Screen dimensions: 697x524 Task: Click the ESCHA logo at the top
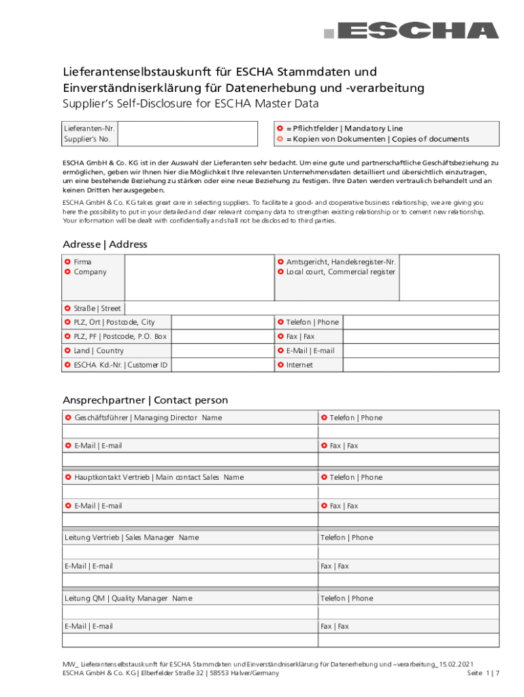pyautogui.click(x=411, y=31)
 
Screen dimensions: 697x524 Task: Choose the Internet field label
pyautogui.click(x=299, y=365)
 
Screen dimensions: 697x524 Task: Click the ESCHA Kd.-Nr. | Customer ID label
pyautogui.click(x=120, y=365)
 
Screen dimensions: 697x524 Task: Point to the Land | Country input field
pyautogui.click(x=222, y=351)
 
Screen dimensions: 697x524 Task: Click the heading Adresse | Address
pyautogui.click(x=105, y=244)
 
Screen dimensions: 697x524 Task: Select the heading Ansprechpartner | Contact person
pyautogui.click(x=145, y=400)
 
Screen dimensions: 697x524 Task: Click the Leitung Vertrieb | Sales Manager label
pyautogui.click(x=131, y=537)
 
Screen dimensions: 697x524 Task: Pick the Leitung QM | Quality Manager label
pyautogui.click(x=129, y=598)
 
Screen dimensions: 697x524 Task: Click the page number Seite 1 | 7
pyautogui.click(x=484, y=672)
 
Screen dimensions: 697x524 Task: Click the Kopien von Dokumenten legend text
pyautogui.click(x=377, y=139)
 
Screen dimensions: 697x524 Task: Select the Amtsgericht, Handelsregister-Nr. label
pyautogui.click(x=341, y=261)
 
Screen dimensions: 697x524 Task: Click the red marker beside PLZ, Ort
pyautogui.click(x=67, y=322)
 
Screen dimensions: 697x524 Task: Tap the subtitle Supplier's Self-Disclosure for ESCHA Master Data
pyautogui.click(x=191, y=104)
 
